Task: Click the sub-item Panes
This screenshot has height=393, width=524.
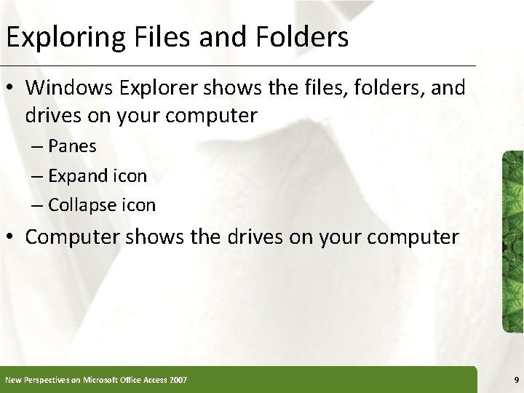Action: tap(72, 146)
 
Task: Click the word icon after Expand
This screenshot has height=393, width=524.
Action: tap(130, 175)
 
